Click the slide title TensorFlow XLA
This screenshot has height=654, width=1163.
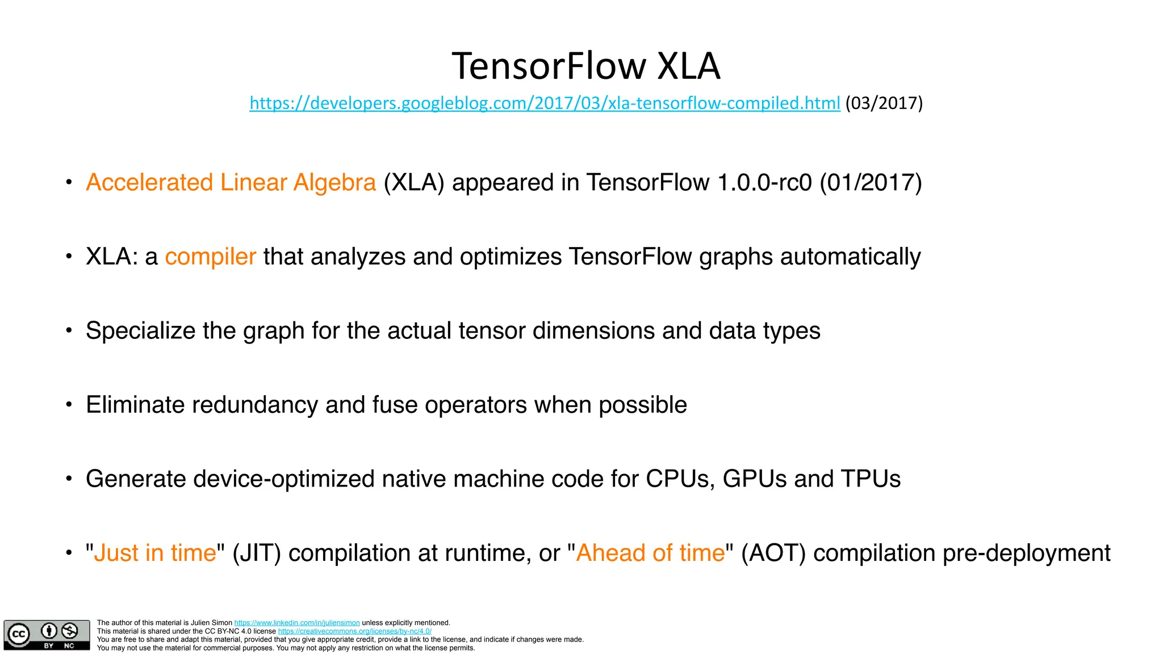(x=585, y=66)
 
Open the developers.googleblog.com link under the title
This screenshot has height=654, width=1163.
(x=545, y=103)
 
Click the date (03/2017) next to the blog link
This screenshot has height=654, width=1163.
(x=884, y=103)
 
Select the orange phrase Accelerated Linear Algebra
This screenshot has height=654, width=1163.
(x=231, y=183)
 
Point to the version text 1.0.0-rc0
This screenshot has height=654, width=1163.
(x=764, y=183)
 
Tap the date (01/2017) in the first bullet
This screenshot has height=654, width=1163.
(x=871, y=183)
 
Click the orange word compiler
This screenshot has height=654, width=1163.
(x=210, y=257)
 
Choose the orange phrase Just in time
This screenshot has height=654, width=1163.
(x=155, y=553)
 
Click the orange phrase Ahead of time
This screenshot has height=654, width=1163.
(x=650, y=553)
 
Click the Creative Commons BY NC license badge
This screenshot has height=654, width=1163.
(x=47, y=635)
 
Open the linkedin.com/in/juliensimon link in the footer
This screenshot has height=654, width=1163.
(x=297, y=623)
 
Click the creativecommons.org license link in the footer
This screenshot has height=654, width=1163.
(x=354, y=631)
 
